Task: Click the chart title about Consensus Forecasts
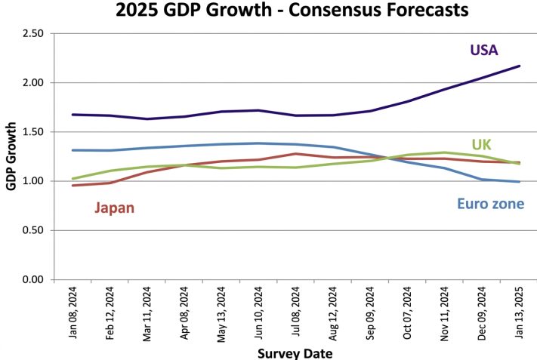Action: (x=292, y=10)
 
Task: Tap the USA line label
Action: (x=484, y=50)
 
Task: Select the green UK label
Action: (x=482, y=145)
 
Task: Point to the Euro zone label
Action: (x=491, y=204)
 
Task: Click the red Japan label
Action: (x=114, y=208)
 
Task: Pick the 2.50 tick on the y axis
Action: (x=33, y=33)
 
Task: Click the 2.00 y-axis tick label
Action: (x=33, y=83)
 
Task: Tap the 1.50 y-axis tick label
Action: (x=33, y=132)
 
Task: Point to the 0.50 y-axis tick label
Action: (x=33, y=230)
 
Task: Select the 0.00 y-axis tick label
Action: (x=33, y=279)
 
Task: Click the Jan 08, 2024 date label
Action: (x=73, y=312)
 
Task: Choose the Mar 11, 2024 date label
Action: (x=147, y=314)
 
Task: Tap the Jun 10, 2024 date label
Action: (x=258, y=312)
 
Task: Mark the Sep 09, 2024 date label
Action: (x=370, y=313)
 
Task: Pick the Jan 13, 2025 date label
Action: (x=519, y=312)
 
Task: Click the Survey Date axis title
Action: (x=295, y=353)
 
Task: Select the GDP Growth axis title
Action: (x=11, y=156)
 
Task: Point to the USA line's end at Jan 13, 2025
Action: (x=519, y=66)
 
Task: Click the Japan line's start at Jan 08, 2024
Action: (x=73, y=186)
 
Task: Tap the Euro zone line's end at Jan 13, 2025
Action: (x=519, y=182)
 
